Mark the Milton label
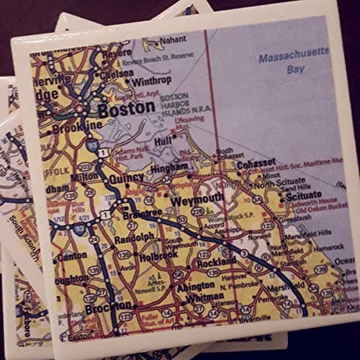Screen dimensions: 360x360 [84, 176]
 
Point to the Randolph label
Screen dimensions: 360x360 [134, 235]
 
